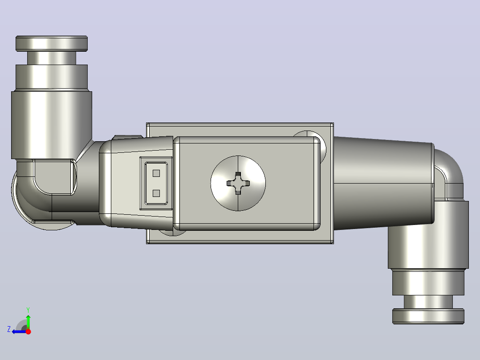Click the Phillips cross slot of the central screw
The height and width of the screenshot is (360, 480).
[x=238, y=183]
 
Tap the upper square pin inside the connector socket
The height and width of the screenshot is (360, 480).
[x=156, y=173]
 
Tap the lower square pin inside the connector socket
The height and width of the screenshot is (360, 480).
[x=156, y=193]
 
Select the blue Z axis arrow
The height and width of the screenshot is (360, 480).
[x=19, y=331]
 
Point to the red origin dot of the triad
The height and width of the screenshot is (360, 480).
[x=28, y=331]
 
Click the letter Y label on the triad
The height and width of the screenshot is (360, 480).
[x=28, y=310]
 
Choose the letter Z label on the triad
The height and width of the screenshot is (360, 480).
[x=9, y=329]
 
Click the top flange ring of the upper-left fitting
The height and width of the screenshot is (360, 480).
[x=52, y=44]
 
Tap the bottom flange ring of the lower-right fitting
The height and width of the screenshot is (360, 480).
[x=428, y=316]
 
